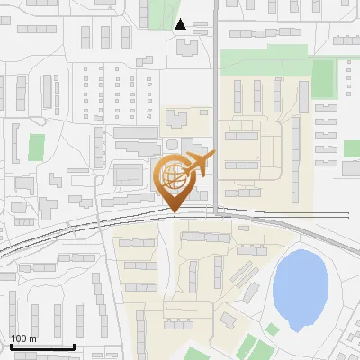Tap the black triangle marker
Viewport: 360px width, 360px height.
181,24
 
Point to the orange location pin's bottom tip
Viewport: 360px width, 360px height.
174,212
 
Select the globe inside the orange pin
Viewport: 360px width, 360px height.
172,175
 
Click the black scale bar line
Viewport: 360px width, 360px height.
41,347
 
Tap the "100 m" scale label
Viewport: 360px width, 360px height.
24,338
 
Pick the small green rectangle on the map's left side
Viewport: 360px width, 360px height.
36,148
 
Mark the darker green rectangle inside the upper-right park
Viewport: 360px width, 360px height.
323,78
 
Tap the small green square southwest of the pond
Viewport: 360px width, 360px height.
273,329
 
